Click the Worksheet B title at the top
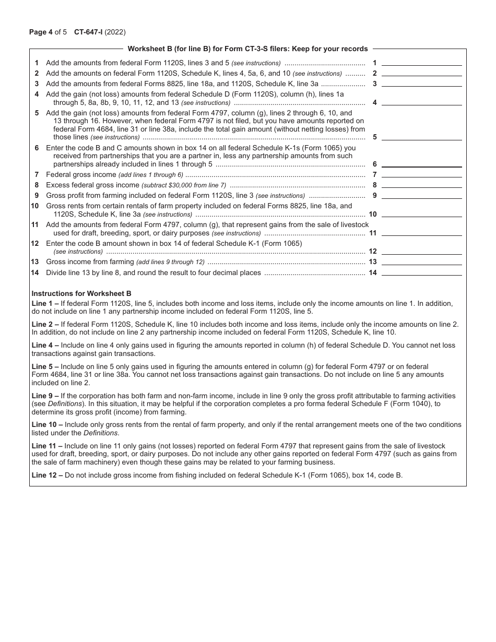(x=247, y=49)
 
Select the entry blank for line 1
(x=421, y=62)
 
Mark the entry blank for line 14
(x=421, y=272)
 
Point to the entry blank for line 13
(x=421, y=261)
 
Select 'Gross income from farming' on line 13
(x=90, y=262)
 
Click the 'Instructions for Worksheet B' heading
(x=81, y=293)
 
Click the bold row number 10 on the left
(x=35, y=206)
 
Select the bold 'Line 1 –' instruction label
(x=45, y=303)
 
